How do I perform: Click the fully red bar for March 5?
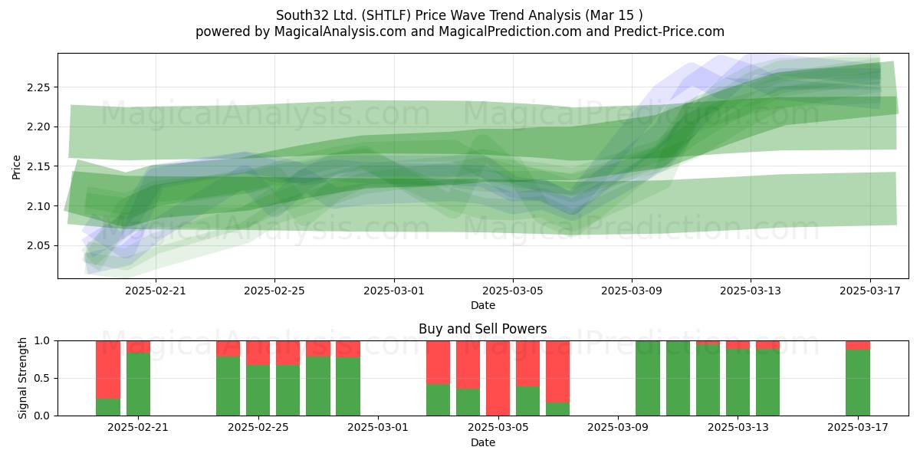pyautogui.click(x=498, y=378)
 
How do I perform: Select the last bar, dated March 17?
pyautogui.click(x=858, y=378)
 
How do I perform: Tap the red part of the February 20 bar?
pyautogui.click(x=108, y=370)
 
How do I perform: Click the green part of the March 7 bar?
pyautogui.click(x=558, y=409)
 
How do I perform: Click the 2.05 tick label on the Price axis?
pyautogui.click(x=38, y=245)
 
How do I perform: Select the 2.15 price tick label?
pyautogui.click(x=38, y=166)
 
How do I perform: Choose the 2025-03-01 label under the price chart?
pyautogui.click(x=394, y=291)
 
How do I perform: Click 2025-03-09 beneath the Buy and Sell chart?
pyautogui.click(x=618, y=427)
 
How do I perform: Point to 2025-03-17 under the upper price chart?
pyautogui.click(x=870, y=291)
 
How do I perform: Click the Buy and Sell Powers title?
pyautogui.click(x=482, y=329)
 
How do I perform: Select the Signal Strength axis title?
pyautogui.click(x=22, y=378)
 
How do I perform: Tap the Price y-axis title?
pyautogui.click(x=16, y=167)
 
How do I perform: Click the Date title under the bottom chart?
pyautogui.click(x=483, y=442)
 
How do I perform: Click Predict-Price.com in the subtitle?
pyautogui.click(x=669, y=31)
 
